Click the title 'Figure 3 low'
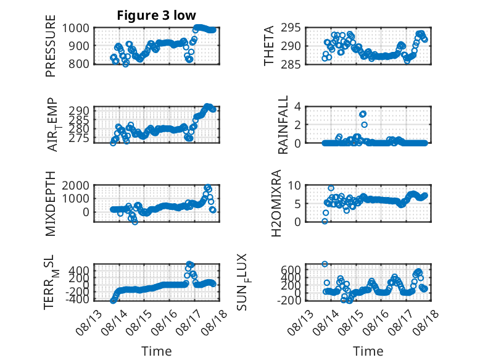(156, 15)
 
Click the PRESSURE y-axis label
(51, 46)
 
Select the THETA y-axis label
(269, 46)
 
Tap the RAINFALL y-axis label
(283, 125)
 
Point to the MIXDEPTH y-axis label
(51, 204)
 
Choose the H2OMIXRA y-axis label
(276, 203)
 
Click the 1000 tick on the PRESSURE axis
(76, 28)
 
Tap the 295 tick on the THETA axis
(291, 28)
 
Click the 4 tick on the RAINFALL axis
(297, 107)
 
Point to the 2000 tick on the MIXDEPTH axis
(76, 185)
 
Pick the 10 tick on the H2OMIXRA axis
(294, 185)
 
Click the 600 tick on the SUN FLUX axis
(291, 270)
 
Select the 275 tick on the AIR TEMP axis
(79, 138)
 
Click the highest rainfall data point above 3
(363, 114)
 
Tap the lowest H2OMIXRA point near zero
(325, 221)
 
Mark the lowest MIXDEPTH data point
(135, 222)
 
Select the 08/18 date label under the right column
(426, 322)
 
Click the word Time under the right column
(368, 351)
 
